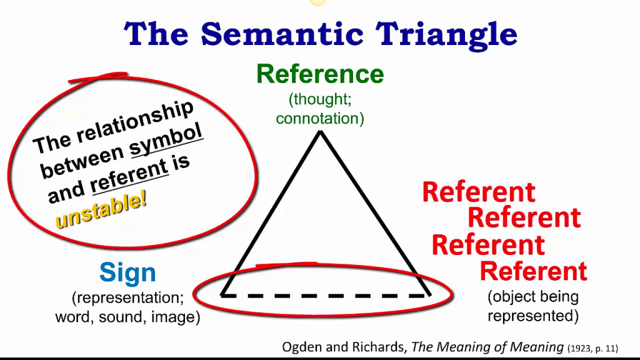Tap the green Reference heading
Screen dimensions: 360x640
320,74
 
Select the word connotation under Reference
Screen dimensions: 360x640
320,118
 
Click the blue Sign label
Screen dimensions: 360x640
127,273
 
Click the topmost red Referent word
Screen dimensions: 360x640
479,192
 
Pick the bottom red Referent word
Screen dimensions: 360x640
533,271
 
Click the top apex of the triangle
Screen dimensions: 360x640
320,132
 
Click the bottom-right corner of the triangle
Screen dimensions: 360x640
429,295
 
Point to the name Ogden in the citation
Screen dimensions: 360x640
302,347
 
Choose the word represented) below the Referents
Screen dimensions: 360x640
533,316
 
